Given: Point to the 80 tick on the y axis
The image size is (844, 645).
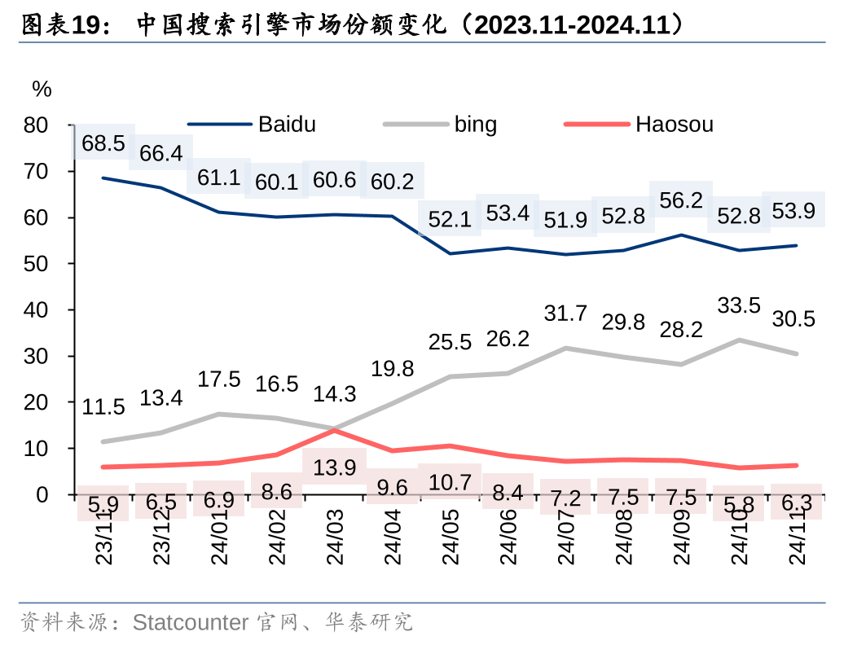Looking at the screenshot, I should click(37, 125).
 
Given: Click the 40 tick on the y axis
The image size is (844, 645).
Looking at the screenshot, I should click(37, 310).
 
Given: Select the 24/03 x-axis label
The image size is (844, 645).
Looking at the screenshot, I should click(336, 538).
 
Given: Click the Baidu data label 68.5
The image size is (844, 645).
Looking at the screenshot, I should click(103, 144).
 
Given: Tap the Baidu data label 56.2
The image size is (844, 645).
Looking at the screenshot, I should click(681, 201).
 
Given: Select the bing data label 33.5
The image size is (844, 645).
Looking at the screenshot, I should click(739, 305).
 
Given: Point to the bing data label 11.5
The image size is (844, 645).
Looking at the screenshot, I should click(103, 407).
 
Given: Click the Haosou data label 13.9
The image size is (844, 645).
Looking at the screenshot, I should click(334, 467).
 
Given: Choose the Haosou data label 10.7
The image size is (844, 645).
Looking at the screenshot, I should click(450, 481).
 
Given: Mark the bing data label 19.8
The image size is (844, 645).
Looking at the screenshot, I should click(393, 369).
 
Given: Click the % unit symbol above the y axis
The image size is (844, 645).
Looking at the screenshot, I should click(42, 90).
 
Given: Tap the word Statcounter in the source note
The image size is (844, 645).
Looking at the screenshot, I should click(191, 623).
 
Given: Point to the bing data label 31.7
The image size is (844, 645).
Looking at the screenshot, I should click(565, 313).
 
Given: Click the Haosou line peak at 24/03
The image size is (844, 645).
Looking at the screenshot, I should click(335, 429).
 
